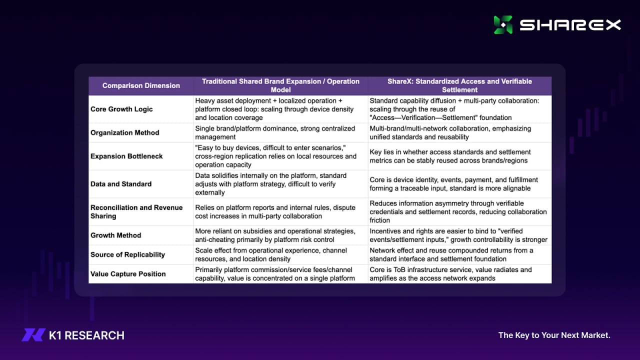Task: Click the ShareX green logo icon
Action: click(x=503, y=25)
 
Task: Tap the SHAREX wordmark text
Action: click(x=570, y=25)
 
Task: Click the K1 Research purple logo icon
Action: click(x=33, y=335)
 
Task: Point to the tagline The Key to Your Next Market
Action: click(x=554, y=335)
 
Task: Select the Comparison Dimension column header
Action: click(x=141, y=85)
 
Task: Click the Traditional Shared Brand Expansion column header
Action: click(x=280, y=85)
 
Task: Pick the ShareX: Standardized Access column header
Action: click(x=459, y=85)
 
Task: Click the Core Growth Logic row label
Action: click(x=121, y=109)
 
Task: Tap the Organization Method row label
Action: click(x=124, y=132)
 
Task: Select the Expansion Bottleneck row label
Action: click(x=126, y=156)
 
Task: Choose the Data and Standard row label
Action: click(x=120, y=184)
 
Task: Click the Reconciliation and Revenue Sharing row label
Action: click(x=136, y=211)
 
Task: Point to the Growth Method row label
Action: click(x=115, y=235)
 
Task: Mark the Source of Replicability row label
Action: click(x=127, y=254)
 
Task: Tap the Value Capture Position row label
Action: click(x=127, y=274)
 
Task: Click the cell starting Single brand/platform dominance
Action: click(x=275, y=132)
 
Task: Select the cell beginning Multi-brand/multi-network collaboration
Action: click(x=450, y=132)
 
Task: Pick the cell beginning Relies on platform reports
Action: click(x=275, y=211)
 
